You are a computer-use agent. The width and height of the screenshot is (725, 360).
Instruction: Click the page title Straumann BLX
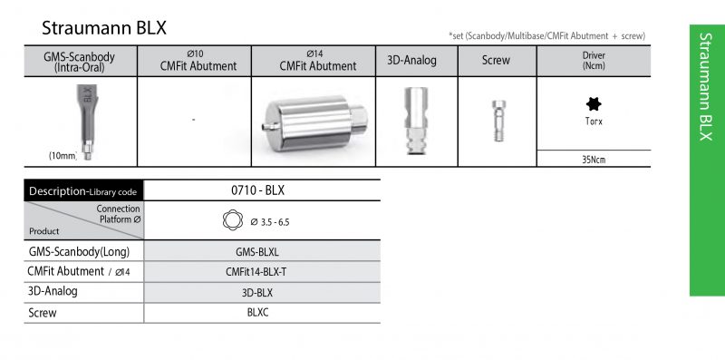coord(104,28)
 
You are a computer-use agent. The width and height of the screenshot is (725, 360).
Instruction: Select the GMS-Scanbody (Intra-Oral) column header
coord(79,62)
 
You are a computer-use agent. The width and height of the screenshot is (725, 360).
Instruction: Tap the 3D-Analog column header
coord(411,60)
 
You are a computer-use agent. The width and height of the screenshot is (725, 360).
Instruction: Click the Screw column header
coord(496,60)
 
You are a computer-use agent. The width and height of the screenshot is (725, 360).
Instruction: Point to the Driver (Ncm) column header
coord(594,61)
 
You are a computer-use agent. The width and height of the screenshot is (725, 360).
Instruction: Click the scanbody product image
coord(87,122)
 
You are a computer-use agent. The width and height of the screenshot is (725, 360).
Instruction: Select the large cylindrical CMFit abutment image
coord(314,122)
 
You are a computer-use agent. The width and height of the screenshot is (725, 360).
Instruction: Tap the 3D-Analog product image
coord(416,121)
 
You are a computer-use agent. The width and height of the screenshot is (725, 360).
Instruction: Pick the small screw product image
coord(498,121)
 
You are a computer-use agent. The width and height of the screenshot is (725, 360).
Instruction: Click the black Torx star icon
coord(594,104)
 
